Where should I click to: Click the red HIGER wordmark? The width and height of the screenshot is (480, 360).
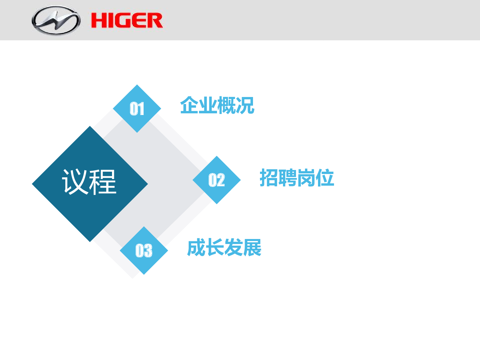(127, 20)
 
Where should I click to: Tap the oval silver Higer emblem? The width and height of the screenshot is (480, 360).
(56, 20)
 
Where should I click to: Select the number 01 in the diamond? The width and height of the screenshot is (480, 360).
(137, 109)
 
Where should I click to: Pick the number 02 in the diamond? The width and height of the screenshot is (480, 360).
(216, 180)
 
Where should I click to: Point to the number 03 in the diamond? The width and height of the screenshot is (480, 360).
(144, 250)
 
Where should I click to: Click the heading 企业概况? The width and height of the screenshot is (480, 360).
(217, 105)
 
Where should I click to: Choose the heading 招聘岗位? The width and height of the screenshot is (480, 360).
(297, 177)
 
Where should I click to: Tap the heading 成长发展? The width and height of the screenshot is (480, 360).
(224, 247)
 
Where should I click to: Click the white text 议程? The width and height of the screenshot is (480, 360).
(89, 182)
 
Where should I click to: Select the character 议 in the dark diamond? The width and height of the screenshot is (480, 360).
(75, 182)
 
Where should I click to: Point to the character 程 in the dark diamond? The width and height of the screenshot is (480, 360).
(103, 182)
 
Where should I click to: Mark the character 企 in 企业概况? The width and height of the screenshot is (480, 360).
(189, 105)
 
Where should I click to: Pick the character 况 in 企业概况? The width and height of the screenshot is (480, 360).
(245, 105)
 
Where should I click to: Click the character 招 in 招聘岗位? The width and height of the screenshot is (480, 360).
(269, 177)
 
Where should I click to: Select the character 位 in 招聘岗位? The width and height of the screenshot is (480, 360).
(325, 177)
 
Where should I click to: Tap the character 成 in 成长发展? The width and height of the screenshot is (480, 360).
(196, 247)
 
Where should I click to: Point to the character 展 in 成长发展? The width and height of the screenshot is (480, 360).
(252, 247)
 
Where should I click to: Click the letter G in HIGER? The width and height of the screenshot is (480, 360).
(124, 21)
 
